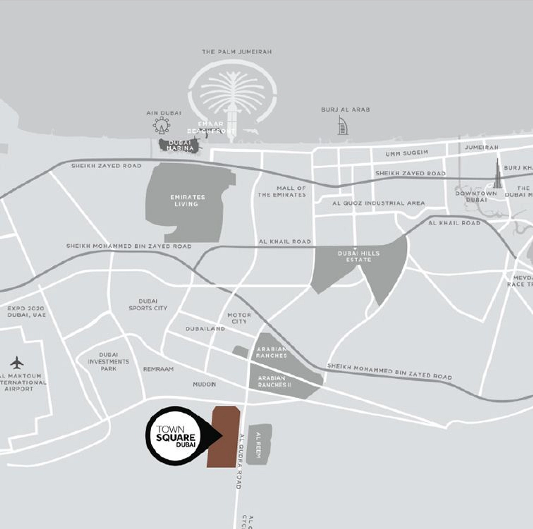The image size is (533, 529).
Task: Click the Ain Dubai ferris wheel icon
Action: [162, 125]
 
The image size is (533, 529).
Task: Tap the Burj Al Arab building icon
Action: [343, 125]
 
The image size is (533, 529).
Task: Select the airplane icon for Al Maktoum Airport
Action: [17, 362]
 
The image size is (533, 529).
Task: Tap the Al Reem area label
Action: [258, 445]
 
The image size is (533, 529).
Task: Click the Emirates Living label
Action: [187, 200]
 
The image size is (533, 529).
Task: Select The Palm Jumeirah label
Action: [237, 52]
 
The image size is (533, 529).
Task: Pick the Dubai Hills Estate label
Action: [359, 256]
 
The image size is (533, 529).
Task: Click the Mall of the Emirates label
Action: [282, 192]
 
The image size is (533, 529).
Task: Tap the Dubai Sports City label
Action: [148, 305]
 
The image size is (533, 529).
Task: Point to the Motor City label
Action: [239, 318]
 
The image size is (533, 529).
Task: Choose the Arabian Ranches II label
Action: [272, 382]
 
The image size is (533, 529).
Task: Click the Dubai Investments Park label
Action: [108, 362]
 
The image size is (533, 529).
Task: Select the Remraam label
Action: [159, 369]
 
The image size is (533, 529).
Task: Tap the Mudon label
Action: [204, 384]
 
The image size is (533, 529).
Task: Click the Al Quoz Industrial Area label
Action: [379, 203]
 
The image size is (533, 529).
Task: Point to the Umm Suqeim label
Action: [407, 153]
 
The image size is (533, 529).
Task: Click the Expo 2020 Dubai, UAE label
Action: [26, 311]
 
